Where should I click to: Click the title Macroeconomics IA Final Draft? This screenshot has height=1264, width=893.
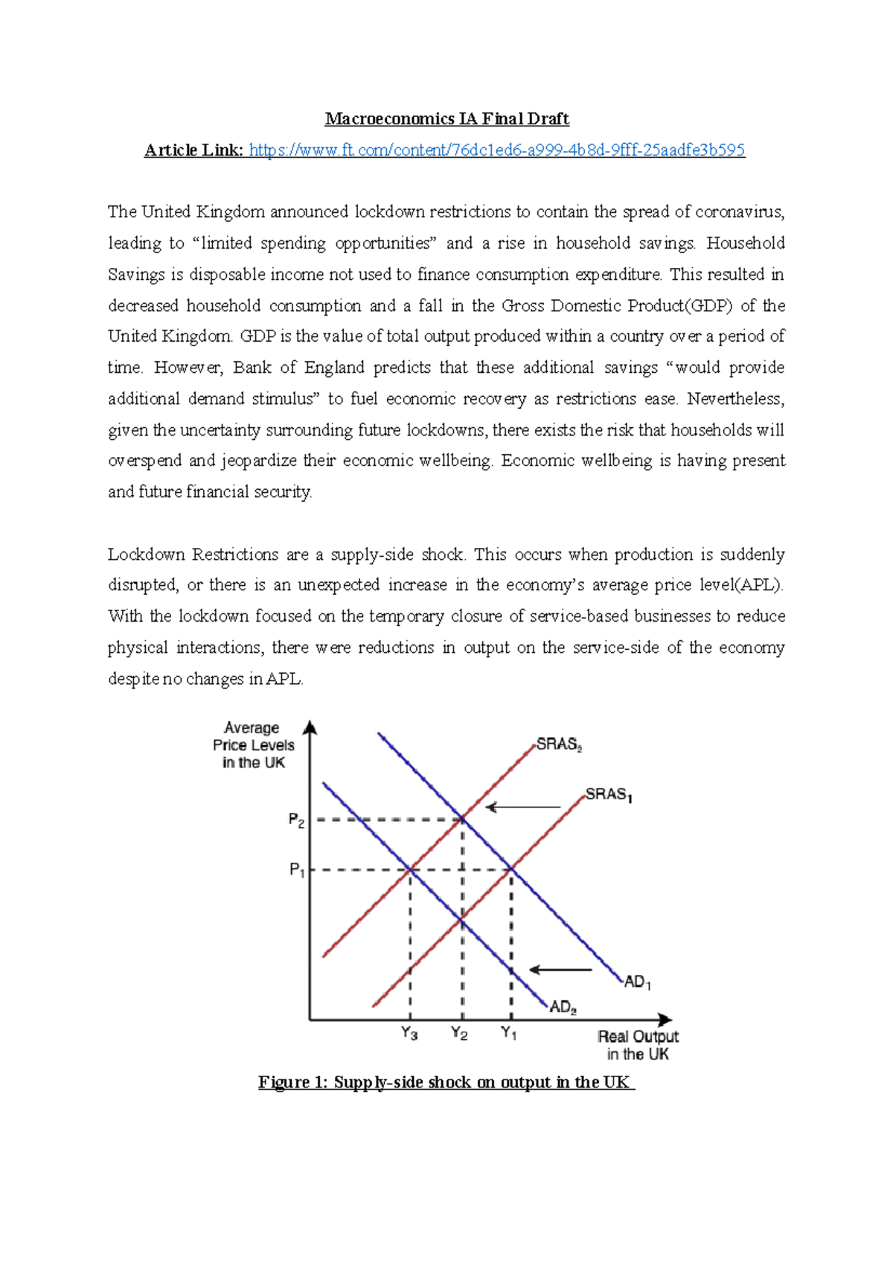coord(446,119)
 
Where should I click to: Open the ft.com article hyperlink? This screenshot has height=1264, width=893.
coord(496,150)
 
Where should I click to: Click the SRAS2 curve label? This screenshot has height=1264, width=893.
coord(559,744)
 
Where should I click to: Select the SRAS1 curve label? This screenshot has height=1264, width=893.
coord(608,795)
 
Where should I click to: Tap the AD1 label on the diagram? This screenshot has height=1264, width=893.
coord(637,983)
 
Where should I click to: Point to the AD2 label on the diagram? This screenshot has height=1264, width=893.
coord(563,1007)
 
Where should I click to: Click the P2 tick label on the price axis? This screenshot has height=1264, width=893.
coord(296,820)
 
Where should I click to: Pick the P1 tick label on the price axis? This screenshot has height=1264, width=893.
coord(297,869)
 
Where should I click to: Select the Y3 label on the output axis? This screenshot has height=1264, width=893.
coord(409,1034)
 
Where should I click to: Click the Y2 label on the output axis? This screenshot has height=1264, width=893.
coord(459,1034)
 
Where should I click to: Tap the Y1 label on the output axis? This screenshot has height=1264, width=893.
coord(509,1033)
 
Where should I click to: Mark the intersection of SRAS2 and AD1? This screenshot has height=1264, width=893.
coord(463,820)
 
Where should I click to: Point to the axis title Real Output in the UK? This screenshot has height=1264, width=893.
coord(638,1045)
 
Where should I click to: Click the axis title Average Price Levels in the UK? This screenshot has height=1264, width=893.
coord(253,745)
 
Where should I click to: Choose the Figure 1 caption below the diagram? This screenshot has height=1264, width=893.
coord(446,1082)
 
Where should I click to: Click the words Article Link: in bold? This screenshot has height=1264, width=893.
coord(193,150)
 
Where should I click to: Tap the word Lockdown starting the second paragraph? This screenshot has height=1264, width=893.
coord(146,555)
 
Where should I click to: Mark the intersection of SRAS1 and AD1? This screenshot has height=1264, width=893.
coord(511,869)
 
